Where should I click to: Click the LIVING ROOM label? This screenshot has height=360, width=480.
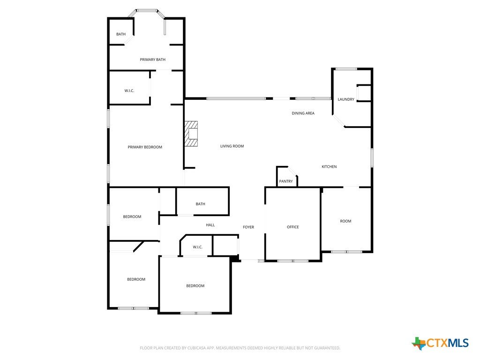(232, 146)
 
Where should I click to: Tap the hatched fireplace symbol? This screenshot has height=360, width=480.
(191, 134)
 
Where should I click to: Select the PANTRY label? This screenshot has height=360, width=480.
(286, 181)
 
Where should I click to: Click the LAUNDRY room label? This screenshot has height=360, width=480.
(346, 99)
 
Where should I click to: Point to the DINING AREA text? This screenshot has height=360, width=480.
(303, 113)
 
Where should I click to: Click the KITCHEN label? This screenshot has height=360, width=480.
(329, 166)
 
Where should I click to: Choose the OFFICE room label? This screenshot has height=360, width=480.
(292, 227)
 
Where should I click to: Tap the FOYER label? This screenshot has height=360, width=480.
(248, 227)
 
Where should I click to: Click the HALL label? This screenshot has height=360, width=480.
(210, 225)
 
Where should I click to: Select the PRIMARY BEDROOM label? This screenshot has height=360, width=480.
(145, 147)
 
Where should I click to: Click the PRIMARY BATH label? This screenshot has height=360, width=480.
(152, 60)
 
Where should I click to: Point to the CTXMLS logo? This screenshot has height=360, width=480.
(440, 343)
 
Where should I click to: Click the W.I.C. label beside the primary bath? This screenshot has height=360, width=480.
(129, 91)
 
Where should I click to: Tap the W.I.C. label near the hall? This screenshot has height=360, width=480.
(197, 247)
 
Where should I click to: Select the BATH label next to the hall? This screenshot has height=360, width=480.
(201, 204)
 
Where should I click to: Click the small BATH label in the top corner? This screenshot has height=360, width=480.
(121, 34)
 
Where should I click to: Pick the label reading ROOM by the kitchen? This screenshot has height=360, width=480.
(345, 221)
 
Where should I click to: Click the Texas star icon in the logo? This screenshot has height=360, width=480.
(419, 344)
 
